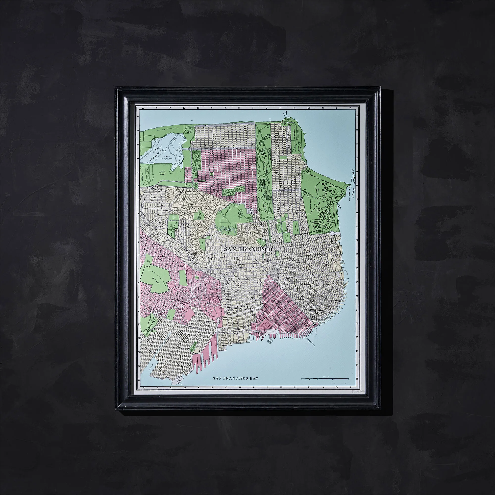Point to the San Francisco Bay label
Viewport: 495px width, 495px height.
click(236, 378)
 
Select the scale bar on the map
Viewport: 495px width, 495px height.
click(325, 378)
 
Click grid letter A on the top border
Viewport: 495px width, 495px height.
click(143, 108)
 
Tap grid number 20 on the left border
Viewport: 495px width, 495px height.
click(139, 379)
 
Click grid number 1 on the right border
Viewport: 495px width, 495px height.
click(357, 117)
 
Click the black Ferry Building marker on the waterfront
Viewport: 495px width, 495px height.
click(314, 324)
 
